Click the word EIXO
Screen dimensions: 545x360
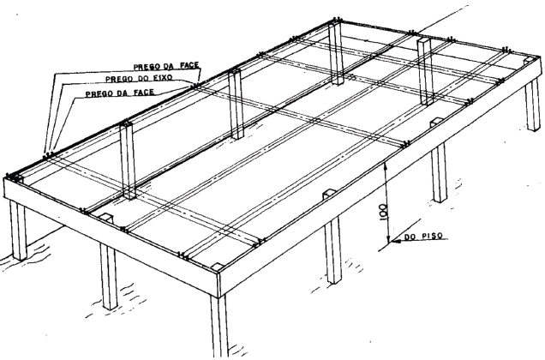tap(161, 77)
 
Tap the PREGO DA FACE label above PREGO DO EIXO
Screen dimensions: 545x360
tap(166, 66)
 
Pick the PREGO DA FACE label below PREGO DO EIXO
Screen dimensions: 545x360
tap(120, 93)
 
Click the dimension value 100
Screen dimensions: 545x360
tap(383, 212)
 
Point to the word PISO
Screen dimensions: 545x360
tap(433, 236)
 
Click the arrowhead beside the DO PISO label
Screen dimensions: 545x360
tap(395, 240)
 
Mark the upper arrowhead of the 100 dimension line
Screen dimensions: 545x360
tap(384, 166)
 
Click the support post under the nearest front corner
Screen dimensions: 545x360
tap(219, 325)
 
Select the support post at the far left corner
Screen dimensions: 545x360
tap(18, 230)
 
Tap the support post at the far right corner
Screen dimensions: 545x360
tap(532, 104)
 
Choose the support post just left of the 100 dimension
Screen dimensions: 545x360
tap(333, 249)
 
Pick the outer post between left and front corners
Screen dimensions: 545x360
tap(108, 275)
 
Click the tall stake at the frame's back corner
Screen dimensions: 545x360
tap(336, 53)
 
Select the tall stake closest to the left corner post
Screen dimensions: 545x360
tap(128, 160)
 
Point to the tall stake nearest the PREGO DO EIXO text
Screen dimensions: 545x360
tap(236, 105)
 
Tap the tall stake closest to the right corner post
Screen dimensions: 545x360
tap(425, 71)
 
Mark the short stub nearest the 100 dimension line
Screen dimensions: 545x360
tap(329, 195)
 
